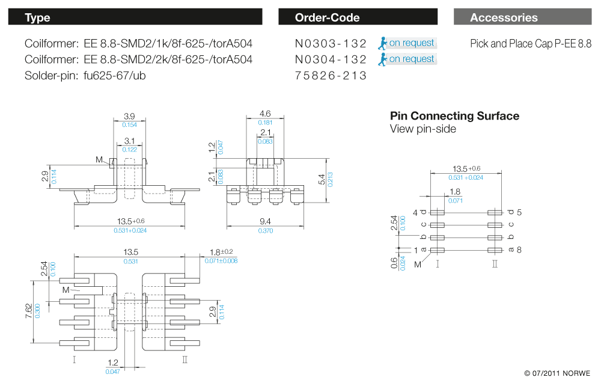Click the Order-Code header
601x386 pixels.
(327, 17)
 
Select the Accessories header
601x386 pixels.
(504, 17)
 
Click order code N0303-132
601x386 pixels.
(331, 43)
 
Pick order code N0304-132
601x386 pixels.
(331, 60)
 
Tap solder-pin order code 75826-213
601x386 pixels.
(331, 76)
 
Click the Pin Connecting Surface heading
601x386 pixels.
(454, 116)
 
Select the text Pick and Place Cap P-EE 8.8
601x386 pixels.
(531, 44)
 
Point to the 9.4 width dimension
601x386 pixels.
(265, 221)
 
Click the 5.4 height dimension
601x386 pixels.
(322, 179)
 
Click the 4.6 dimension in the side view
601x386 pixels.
(265, 113)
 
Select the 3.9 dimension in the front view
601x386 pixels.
(129, 115)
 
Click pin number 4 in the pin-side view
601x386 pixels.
(415, 212)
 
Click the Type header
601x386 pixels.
(37, 17)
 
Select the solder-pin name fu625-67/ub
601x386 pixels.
(115, 76)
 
